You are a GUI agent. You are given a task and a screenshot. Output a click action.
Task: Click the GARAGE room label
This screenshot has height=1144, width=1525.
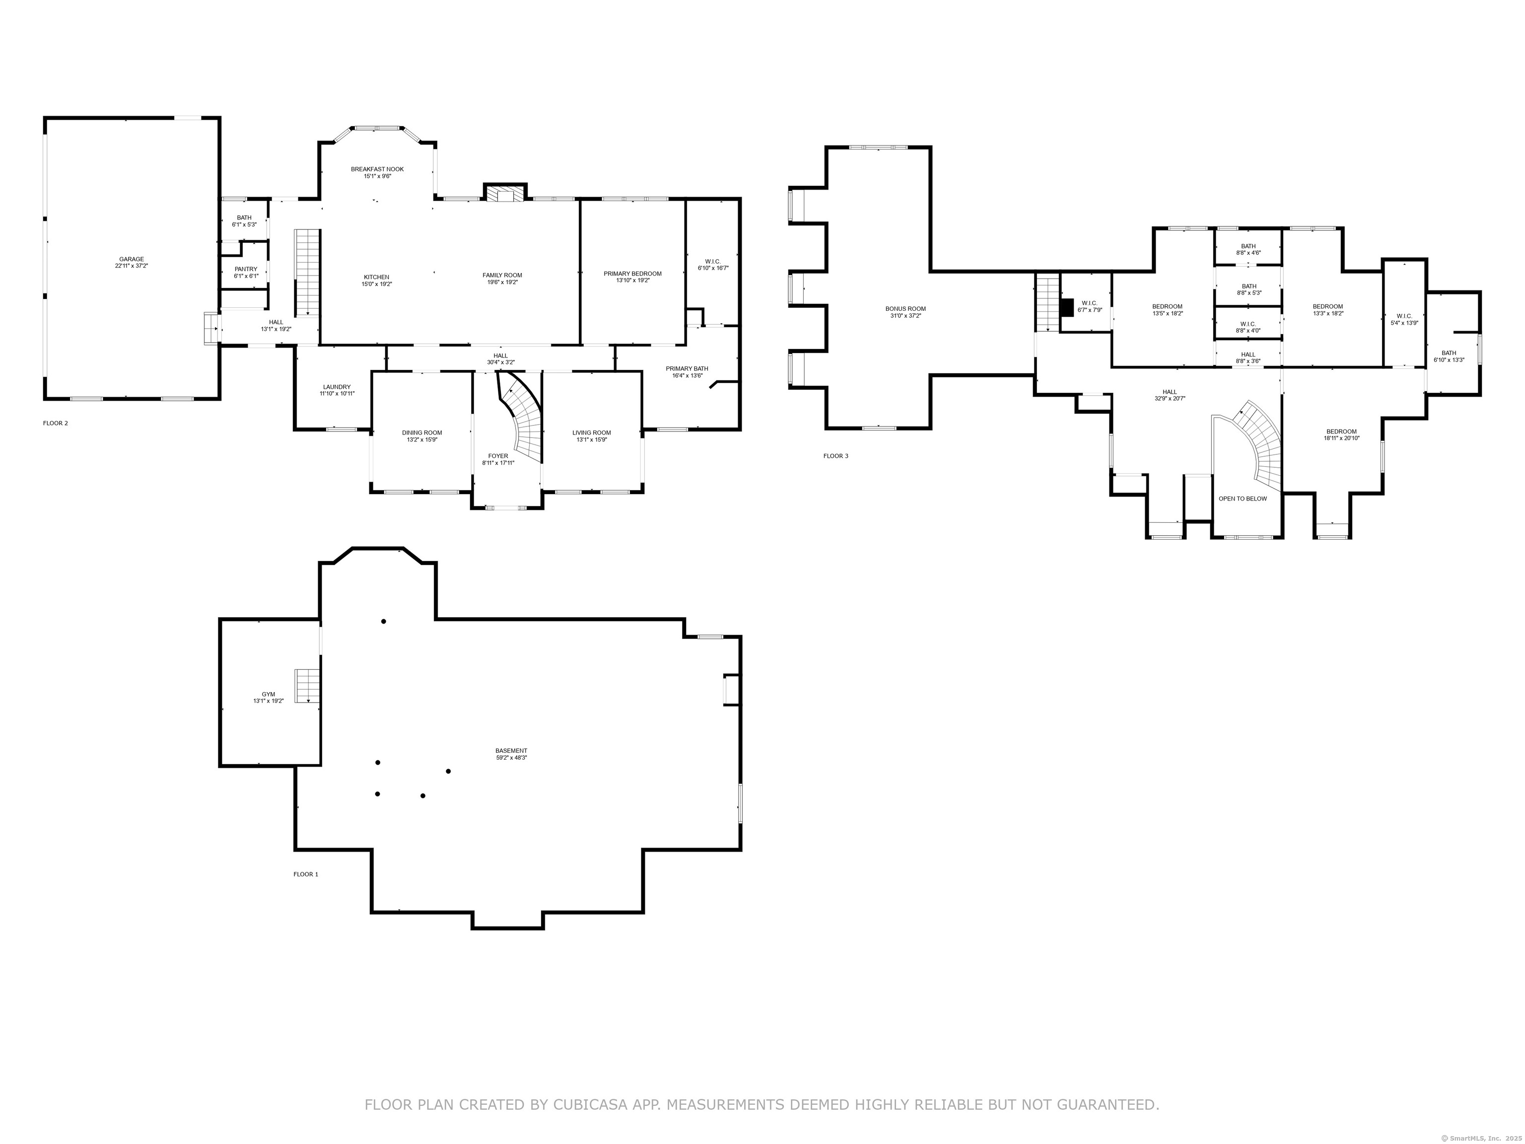(x=132, y=259)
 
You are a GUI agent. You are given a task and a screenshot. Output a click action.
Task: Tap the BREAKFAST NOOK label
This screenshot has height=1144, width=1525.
(x=377, y=169)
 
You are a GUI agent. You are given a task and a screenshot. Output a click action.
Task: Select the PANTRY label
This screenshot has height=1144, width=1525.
(x=245, y=269)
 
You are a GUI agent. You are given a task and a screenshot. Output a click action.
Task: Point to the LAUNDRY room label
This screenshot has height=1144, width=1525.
(x=337, y=387)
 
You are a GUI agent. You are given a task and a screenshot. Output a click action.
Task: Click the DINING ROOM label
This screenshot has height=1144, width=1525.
(x=422, y=433)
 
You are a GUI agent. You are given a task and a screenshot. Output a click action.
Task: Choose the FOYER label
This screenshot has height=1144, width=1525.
(x=498, y=456)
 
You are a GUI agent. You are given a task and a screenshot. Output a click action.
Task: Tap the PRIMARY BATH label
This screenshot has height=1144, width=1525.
(x=687, y=368)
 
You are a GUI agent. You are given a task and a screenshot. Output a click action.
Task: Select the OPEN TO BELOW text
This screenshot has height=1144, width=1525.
(x=1243, y=499)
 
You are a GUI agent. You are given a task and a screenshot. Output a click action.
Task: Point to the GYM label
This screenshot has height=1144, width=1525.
(x=268, y=695)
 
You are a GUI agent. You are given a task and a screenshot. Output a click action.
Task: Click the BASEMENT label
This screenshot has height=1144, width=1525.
(x=511, y=751)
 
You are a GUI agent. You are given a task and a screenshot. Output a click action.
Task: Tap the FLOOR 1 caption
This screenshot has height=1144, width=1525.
(x=306, y=874)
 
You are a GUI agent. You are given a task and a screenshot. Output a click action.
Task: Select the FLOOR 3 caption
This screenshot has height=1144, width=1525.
(x=835, y=456)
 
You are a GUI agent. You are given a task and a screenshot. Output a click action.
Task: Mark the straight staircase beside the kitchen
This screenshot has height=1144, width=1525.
(x=307, y=273)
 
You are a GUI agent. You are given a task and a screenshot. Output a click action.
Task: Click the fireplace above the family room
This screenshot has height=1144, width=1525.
(x=505, y=193)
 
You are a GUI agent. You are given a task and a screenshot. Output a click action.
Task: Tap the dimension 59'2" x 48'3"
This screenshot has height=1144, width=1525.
(x=511, y=758)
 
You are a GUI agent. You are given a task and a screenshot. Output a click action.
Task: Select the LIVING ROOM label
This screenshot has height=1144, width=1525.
(x=592, y=433)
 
